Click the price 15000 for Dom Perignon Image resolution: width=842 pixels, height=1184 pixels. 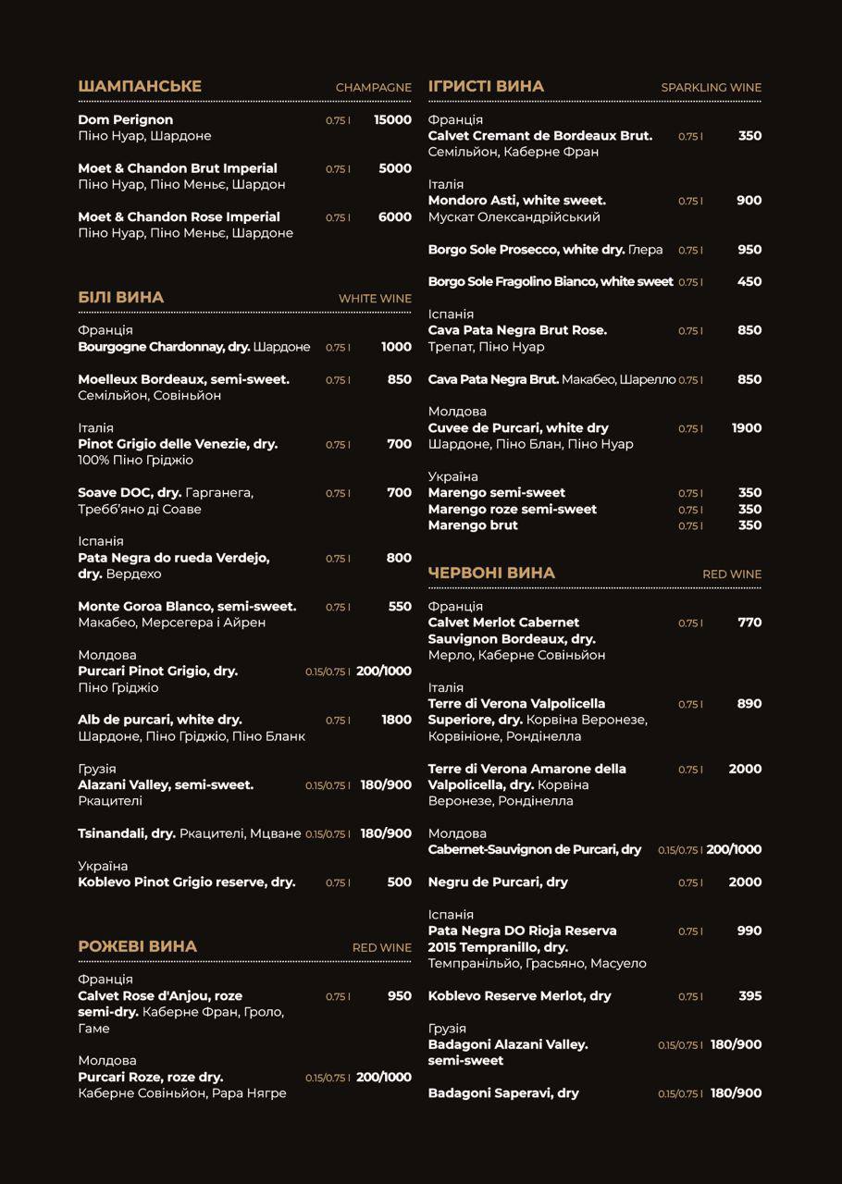392,119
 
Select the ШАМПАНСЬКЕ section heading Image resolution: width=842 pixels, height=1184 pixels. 140,86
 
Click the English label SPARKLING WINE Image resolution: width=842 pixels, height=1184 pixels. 711,87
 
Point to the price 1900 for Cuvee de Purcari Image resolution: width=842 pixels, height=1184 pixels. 746,427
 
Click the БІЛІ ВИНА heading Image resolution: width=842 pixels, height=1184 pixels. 121,297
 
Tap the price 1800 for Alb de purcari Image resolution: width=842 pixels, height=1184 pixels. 396,720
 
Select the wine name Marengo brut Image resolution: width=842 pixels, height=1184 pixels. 473,525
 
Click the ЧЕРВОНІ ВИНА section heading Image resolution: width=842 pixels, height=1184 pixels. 491,573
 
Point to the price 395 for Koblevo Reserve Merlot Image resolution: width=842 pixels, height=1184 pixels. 750,995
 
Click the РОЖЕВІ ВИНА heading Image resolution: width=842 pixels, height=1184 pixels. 138,946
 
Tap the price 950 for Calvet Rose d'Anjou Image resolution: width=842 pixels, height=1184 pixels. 399,995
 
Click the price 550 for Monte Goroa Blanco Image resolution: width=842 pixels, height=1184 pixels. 400,606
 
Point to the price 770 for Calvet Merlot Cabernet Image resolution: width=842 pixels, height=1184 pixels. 749,622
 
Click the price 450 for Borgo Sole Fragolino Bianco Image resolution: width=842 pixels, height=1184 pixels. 749,281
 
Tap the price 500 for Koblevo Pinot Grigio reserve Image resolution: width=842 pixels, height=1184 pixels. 399,882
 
